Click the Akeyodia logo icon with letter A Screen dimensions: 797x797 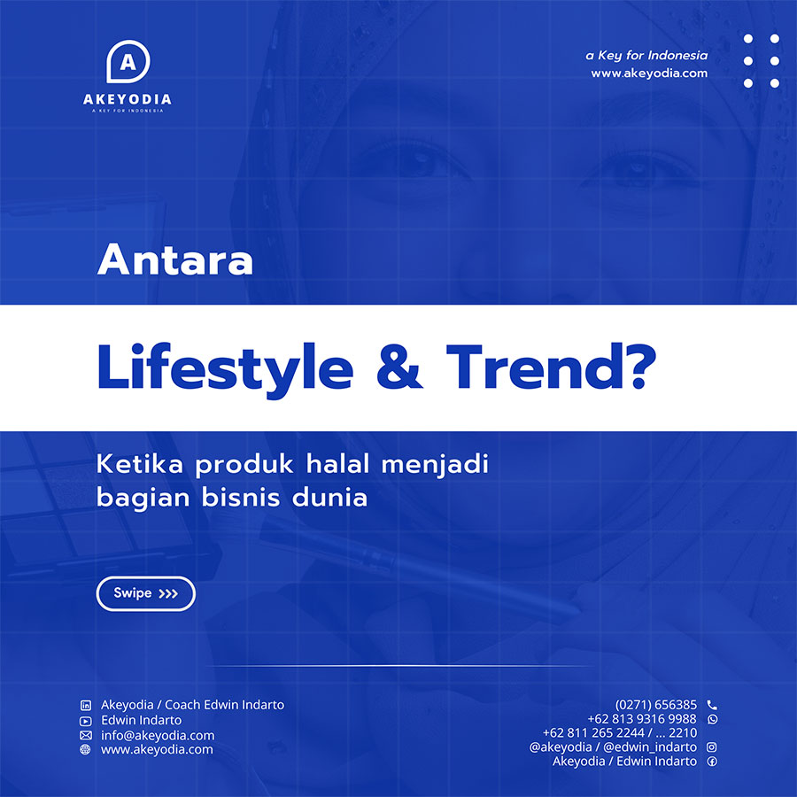(x=128, y=61)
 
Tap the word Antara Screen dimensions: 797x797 (x=174, y=259)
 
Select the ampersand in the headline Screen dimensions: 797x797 (x=399, y=367)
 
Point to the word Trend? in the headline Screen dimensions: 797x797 (x=552, y=366)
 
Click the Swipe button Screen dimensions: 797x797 (x=146, y=593)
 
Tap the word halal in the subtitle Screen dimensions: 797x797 (x=337, y=463)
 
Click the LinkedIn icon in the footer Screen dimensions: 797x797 (x=86, y=705)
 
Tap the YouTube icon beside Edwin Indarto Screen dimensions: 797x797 (x=86, y=721)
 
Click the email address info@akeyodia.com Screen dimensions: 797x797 (x=158, y=735)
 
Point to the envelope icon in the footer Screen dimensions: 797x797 (x=86, y=735)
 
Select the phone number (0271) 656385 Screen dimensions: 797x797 (x=655, y=705)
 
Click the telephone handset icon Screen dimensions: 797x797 (x=712, y=705)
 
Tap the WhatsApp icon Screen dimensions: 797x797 (x=713, y=719)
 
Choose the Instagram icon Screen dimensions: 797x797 (x=712, y=747)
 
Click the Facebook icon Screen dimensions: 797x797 (x=712, y=762)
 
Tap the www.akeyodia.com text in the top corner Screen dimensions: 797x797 (x=649, y=74)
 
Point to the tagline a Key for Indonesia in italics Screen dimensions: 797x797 (x=646, y=56)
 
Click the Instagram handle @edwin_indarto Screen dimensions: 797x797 (x=650, y=747)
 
